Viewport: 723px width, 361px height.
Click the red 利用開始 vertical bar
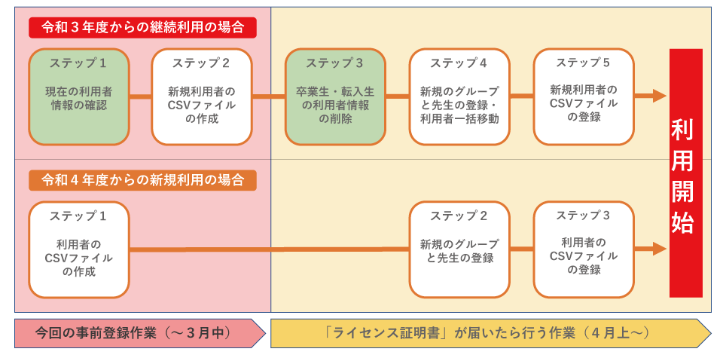pyautogui.click(x=686, y=173)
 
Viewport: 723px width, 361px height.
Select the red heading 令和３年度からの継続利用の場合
pyautogui.click(x=142, y=28)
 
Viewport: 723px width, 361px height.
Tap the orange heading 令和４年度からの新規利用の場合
pyautogui.click(x=142, y=179)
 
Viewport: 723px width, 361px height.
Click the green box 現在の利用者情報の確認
pyautogui.click(x=79, y=97)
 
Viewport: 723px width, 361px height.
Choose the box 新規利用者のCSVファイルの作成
pyautogui.click(x=202, y=97)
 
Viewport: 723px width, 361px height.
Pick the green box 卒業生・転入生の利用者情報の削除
pyautogui.click(x=335, y=97)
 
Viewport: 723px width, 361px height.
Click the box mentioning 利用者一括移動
pyautogui.click(x=459, y=97)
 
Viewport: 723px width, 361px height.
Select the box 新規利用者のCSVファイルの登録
pyautogui.click(x=584, y=97)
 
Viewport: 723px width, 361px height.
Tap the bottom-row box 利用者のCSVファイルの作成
pyautogui.click(x=79, y=249)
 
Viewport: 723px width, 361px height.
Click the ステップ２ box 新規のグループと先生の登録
pyautogui.click(x=459, y=249)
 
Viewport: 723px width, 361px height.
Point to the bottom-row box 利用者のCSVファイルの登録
pyautogui.click(x=584, y=249)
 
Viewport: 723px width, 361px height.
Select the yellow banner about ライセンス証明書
pyautogui.click(x=490, y=333)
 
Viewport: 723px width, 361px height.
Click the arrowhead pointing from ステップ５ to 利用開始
pyautogui.click(x=660, y=96)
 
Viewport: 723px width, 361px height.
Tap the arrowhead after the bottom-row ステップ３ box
pyautogui.click(x=660, y=249)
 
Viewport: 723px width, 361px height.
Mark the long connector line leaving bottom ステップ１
pyautogui.click(x=270, y=249)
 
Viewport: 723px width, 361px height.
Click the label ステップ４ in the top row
pyautogui.click(x=459, y=63)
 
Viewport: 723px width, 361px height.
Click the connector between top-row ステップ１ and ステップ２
pyautogui.click(x=140, y=96)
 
